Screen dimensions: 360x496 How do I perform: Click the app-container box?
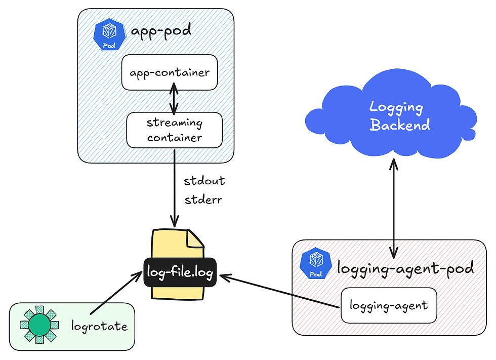coord(170,72)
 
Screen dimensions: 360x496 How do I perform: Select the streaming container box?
coord(174,130)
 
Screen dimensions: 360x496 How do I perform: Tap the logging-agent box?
coord(388,305)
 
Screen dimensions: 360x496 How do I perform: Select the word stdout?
coord(204,181)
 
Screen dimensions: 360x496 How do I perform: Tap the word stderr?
coord(203,199)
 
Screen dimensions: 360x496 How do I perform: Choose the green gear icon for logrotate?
coord(39,324)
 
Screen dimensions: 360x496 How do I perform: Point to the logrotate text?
coord(99,326)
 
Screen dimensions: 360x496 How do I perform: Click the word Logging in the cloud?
coord(396,107)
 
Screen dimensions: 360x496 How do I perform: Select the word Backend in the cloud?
coord(399,125)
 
